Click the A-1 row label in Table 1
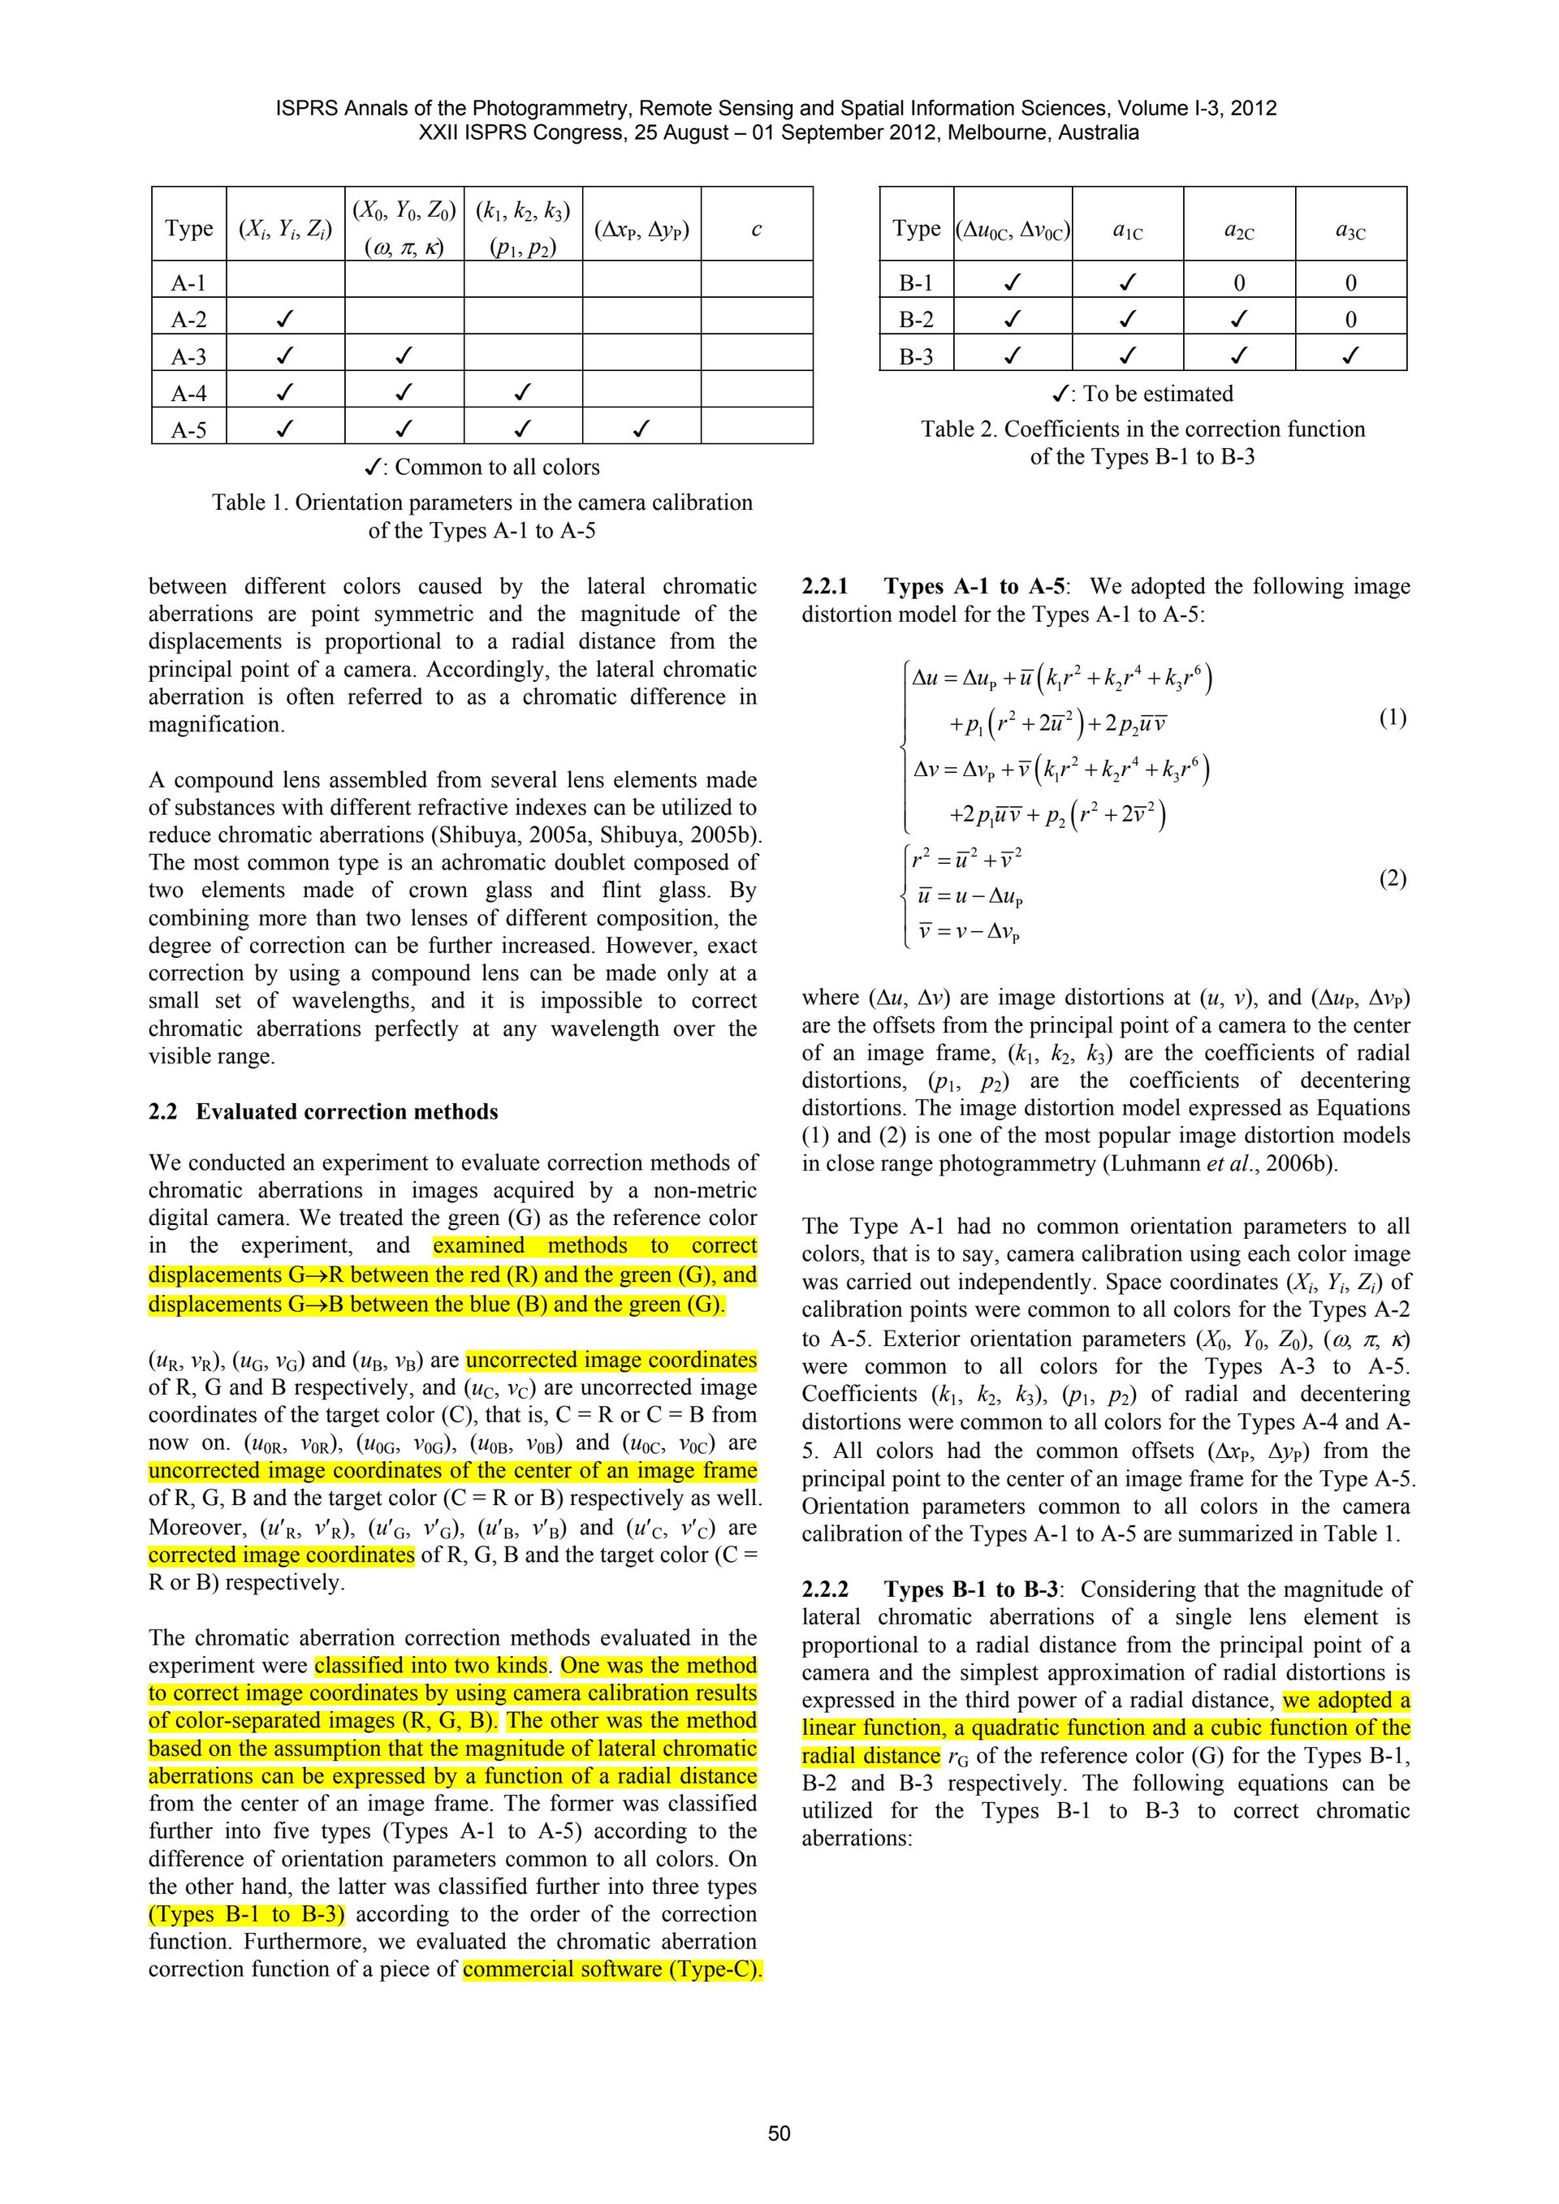point(188,283)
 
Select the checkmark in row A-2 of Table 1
point(284,319)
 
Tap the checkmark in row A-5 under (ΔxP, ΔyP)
point(641,429)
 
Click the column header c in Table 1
point(757,228)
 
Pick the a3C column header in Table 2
point(1350,231)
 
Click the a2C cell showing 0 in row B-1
point(1238,283)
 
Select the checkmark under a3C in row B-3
point(1350,356)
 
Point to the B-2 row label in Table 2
point(916,319)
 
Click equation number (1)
point(1392,718)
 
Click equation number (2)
point(1392,878)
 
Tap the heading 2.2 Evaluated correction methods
point(323,1111)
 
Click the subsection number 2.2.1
point(826,587)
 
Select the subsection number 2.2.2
point(826,1589)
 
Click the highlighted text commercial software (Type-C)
point(611,1969)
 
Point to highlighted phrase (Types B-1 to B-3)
point(247,1914)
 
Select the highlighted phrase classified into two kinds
point(431,1666)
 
